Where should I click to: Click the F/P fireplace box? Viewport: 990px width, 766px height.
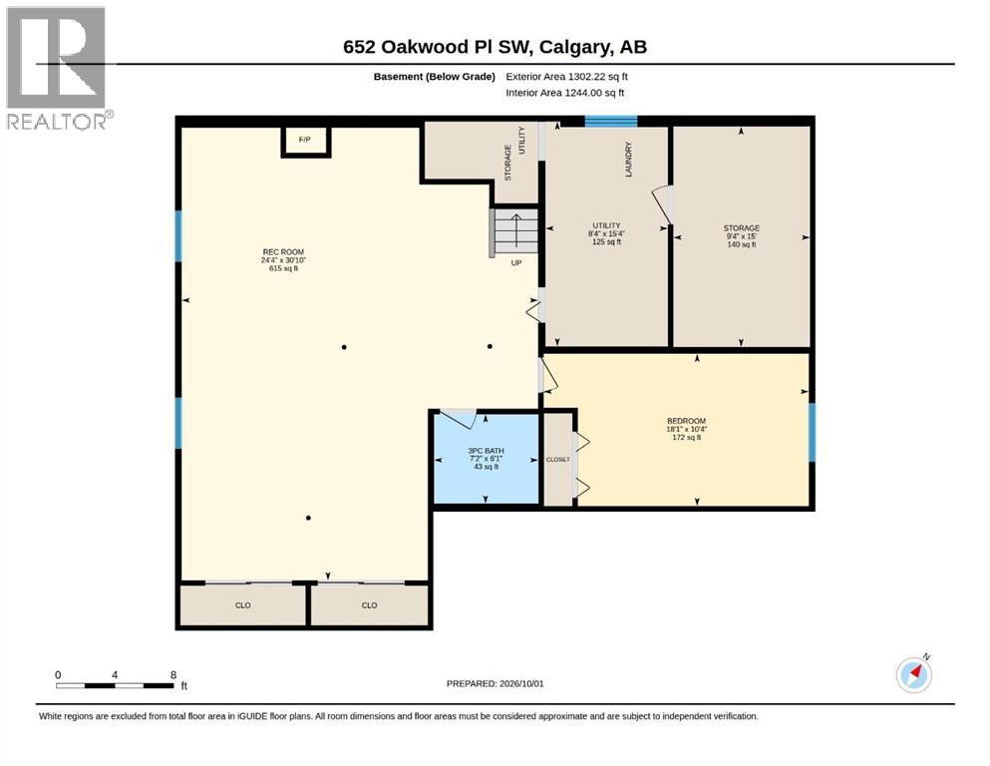point(306,141)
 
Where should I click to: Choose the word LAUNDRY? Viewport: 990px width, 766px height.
point(628,160)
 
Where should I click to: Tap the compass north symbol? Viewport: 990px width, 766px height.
point(913,674)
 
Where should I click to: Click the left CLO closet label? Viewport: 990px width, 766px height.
point(243,605)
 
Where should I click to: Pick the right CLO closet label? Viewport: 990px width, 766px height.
point(369,605)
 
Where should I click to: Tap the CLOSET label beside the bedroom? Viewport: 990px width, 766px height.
point(558,460)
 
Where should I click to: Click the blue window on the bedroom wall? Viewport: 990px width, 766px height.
point(812,433)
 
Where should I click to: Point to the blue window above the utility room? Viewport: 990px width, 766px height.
point(610,122)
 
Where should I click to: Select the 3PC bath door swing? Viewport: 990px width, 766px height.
point(458,418)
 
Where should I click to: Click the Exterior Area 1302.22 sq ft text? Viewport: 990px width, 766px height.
point(566,77)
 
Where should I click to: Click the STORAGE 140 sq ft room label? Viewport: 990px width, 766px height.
point(742,236)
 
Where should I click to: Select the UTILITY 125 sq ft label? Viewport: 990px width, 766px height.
point(607,233)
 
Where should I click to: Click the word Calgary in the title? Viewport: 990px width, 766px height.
point(575,47)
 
